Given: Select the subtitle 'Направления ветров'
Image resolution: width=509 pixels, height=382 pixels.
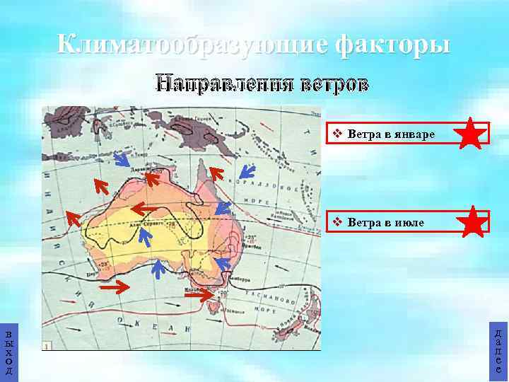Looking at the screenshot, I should coord(262,84).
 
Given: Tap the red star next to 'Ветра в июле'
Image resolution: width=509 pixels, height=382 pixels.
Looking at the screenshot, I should coord(472,223).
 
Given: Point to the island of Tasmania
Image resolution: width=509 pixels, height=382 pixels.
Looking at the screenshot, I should coord(215,306).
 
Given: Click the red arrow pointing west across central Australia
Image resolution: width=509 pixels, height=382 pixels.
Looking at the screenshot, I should coord(141,208).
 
